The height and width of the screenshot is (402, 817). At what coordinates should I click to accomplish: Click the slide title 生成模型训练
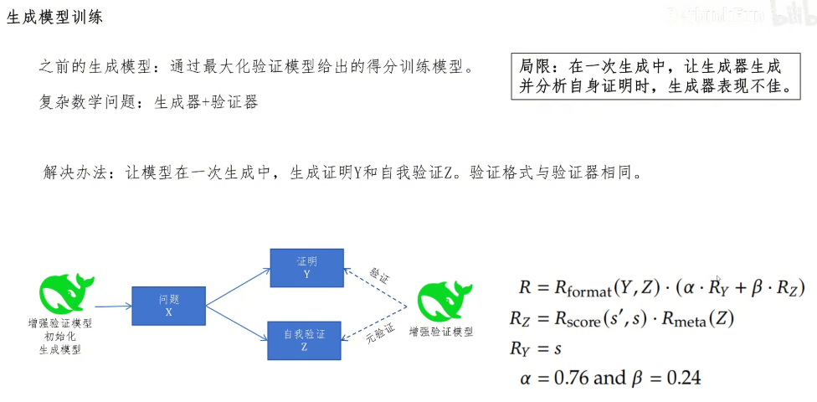point(55,18)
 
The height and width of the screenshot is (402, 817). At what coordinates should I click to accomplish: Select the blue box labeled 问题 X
point(168,306)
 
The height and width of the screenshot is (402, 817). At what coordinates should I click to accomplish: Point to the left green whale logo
point(60,294)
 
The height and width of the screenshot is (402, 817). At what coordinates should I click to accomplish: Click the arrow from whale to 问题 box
point(113,307)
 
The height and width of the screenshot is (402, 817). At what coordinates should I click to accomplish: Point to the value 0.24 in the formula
point(683,378)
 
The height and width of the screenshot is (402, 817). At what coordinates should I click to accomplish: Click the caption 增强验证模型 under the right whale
point(440,332)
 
